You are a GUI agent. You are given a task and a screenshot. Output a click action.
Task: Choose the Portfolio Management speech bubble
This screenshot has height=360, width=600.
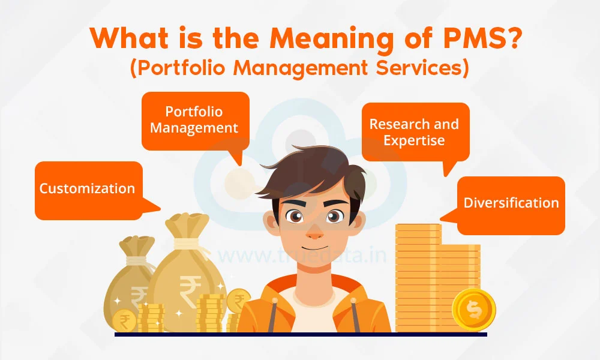point(195,121)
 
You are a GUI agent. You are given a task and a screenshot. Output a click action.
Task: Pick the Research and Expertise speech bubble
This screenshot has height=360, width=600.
point(416,132)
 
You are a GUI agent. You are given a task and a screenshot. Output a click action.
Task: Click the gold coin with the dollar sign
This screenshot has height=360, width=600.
point(474,310)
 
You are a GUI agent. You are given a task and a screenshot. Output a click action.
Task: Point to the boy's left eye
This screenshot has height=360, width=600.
point(334,217)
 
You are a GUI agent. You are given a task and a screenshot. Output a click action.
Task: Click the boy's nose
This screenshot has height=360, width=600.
point(314,234)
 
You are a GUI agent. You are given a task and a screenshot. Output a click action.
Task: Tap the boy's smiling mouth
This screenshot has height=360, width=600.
point(314,248)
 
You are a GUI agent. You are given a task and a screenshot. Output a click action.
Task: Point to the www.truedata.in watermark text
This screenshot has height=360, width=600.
point(302,255)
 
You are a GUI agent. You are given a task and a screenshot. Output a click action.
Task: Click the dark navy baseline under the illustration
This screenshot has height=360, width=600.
point(301,334)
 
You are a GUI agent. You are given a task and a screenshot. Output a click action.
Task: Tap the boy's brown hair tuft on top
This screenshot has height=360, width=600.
point(306,161)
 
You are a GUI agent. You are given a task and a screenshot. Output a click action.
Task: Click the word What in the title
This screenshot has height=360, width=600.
point(129,38)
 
